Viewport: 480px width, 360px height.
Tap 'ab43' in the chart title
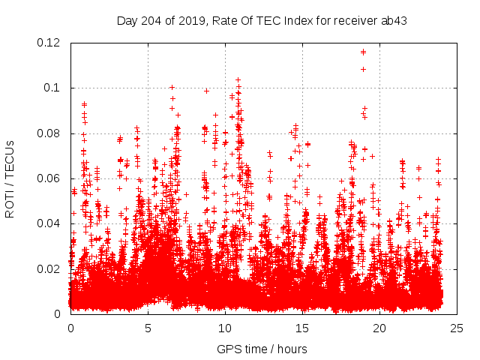click(394, 20)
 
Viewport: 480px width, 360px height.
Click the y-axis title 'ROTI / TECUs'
click(10, 178)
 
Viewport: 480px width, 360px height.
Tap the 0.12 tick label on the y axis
click(49, 43)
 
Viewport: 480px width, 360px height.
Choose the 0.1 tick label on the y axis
click(52, 88)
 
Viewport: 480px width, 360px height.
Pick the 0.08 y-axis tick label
click(49, 133)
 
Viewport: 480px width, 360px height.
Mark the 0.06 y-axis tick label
click(49, 178)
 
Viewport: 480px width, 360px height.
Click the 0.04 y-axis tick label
click(49, 223)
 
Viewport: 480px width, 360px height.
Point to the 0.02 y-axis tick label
click(49, 268)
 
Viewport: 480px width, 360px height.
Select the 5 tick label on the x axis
click(148, 328)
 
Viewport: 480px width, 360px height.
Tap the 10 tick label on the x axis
click(225, 328)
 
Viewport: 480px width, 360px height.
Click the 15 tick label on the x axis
click(302, 328)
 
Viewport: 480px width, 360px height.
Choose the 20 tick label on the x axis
click(379, 328)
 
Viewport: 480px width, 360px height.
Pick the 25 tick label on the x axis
click(457, 328)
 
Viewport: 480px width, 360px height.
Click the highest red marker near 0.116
click(364, 52)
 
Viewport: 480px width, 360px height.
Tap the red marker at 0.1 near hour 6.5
click(172, 88)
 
